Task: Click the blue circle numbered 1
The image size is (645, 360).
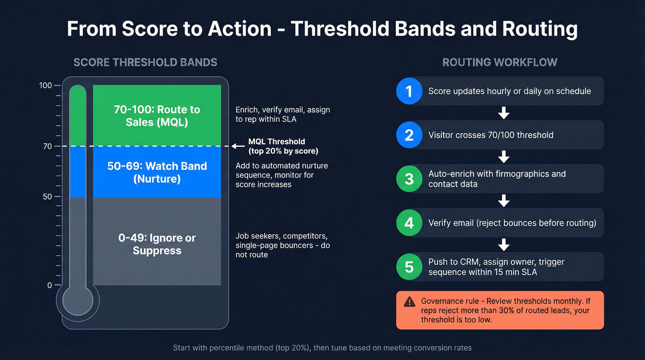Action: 409,91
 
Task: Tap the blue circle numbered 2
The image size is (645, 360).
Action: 409,135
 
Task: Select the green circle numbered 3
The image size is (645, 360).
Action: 409,179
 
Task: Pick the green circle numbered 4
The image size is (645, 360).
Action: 409,223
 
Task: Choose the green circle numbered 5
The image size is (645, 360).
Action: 409,267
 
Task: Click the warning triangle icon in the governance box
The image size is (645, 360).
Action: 409,301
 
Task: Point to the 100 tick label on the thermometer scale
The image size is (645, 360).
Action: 46,86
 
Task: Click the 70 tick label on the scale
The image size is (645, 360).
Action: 47,146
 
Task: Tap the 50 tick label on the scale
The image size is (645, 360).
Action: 47,197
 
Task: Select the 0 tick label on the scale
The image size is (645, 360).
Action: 49,285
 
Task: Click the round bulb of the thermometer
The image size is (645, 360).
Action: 78,301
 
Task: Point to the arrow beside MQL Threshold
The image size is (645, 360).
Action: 238,146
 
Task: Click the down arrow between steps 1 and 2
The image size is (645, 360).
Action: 504,113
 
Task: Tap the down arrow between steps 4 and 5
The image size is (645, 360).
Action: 504,245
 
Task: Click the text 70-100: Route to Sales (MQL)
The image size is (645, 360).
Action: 157,116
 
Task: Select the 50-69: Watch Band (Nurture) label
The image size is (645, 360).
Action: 157,172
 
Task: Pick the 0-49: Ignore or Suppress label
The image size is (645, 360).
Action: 157,244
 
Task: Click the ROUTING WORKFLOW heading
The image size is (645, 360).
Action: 500,62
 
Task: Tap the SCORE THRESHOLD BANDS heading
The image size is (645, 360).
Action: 145,62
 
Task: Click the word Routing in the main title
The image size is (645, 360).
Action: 540,29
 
